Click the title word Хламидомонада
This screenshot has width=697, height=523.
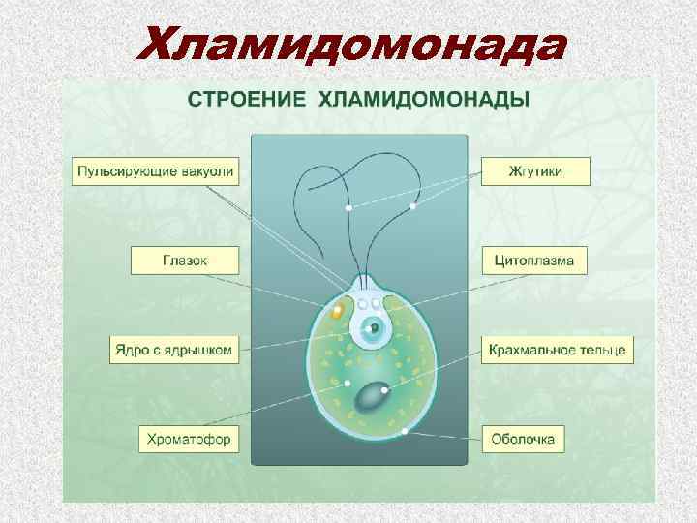tap(351, 44)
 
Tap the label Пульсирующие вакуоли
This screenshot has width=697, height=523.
tap(156, 171)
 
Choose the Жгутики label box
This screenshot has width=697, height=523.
tap(535, 171)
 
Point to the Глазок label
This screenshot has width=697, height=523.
tap(183, 260)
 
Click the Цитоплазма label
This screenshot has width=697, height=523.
tap(534, 260)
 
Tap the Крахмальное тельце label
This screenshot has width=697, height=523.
tap(558, 350)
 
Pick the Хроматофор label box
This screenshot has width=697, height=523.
tap(188, 439)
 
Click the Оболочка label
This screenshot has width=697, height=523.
tap(523, 439)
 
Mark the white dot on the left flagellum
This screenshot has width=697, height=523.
tap(348, 208)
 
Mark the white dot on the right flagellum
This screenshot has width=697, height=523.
tap(413, 206)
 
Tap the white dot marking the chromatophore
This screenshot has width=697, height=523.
tap(341, 384)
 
